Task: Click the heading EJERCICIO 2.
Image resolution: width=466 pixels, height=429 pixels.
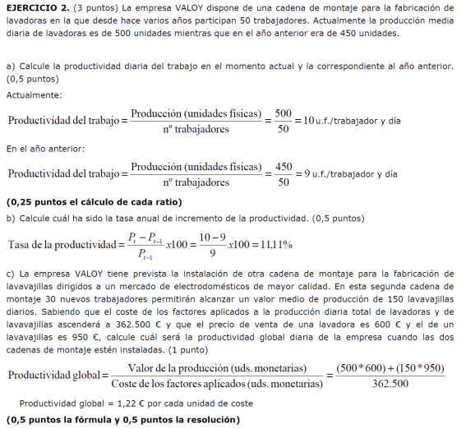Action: click(x=34, y=7)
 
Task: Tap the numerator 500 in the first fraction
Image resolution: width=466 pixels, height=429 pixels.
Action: click(x=283, y=113)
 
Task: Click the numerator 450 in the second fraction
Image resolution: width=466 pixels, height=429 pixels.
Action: click(x=283, y=166)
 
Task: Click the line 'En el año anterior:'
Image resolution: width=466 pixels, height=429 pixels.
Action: click(x=44, y=149)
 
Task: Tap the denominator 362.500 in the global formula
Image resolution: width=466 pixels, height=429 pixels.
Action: click(x=391, y=384)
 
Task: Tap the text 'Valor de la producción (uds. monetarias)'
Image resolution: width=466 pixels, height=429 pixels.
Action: click(x=217, y=367)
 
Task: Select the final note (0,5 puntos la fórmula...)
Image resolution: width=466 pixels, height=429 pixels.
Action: click(x=123, y=420)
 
